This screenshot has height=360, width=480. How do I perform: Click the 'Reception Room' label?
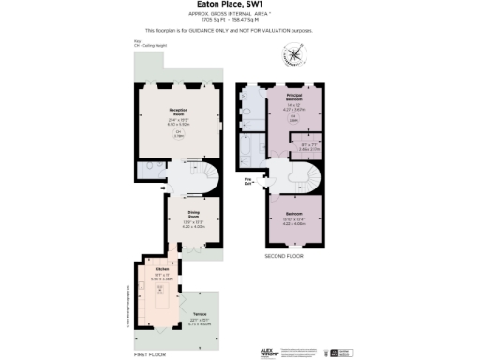pyautogui.click(x=178, y=112)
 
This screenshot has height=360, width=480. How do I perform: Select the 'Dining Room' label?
pyautogui.click(x=191, y=213)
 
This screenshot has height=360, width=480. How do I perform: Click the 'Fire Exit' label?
pyautogui.click(x=250, y=181)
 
